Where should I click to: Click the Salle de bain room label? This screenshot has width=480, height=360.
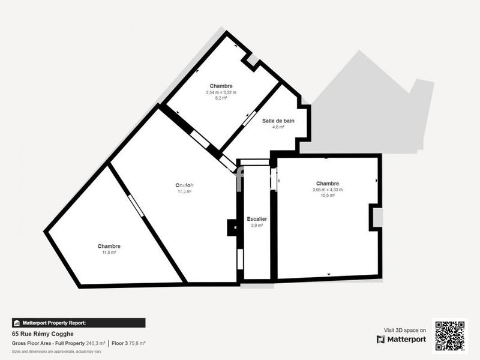pyautogui.click(x=278, y=121)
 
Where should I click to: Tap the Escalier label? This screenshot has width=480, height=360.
pyautogui.click(x=257, y=219)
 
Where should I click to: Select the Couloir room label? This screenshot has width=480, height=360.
pyautogui.click(x=185, y=185)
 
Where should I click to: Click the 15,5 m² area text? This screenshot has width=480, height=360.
pyautogui.click(x=328, y=196)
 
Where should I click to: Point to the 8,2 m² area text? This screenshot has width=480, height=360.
pyautogui.click(x=221, y=98)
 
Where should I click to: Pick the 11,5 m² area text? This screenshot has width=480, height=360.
pyautogui.click(x=109, y=253)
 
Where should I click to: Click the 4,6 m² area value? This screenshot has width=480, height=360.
pyautogui.click(x=278, y=127)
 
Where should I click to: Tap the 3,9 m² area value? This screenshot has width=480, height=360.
pyautogui.click(x=257, y=226)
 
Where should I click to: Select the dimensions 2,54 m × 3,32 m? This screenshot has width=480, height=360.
pyautogui.click(x=221, y=92)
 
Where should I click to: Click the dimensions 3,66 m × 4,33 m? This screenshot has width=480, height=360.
pyautogui.click(x=328, y=190)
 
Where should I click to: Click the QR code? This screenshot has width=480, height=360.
pyautogui.click(x=449, y=336)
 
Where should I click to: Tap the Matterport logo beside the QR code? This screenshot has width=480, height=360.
pyautogui.click(x=401, y=340)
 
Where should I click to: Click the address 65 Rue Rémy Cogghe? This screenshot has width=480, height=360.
pyautogui.click(x=43, y=334)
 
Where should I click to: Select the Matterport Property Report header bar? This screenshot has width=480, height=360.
pyautogui.click(x=79, y=323)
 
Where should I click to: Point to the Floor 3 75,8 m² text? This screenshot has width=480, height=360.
pyautogui.click(x=129, y=343)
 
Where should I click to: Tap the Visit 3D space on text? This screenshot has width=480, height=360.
pyautogui.click(x=405, y=330)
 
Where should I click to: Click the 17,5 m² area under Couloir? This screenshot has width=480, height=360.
pyautogui.click(x=185, y=192)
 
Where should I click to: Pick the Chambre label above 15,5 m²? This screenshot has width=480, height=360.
pyautogui.click(x=328, y=184)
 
